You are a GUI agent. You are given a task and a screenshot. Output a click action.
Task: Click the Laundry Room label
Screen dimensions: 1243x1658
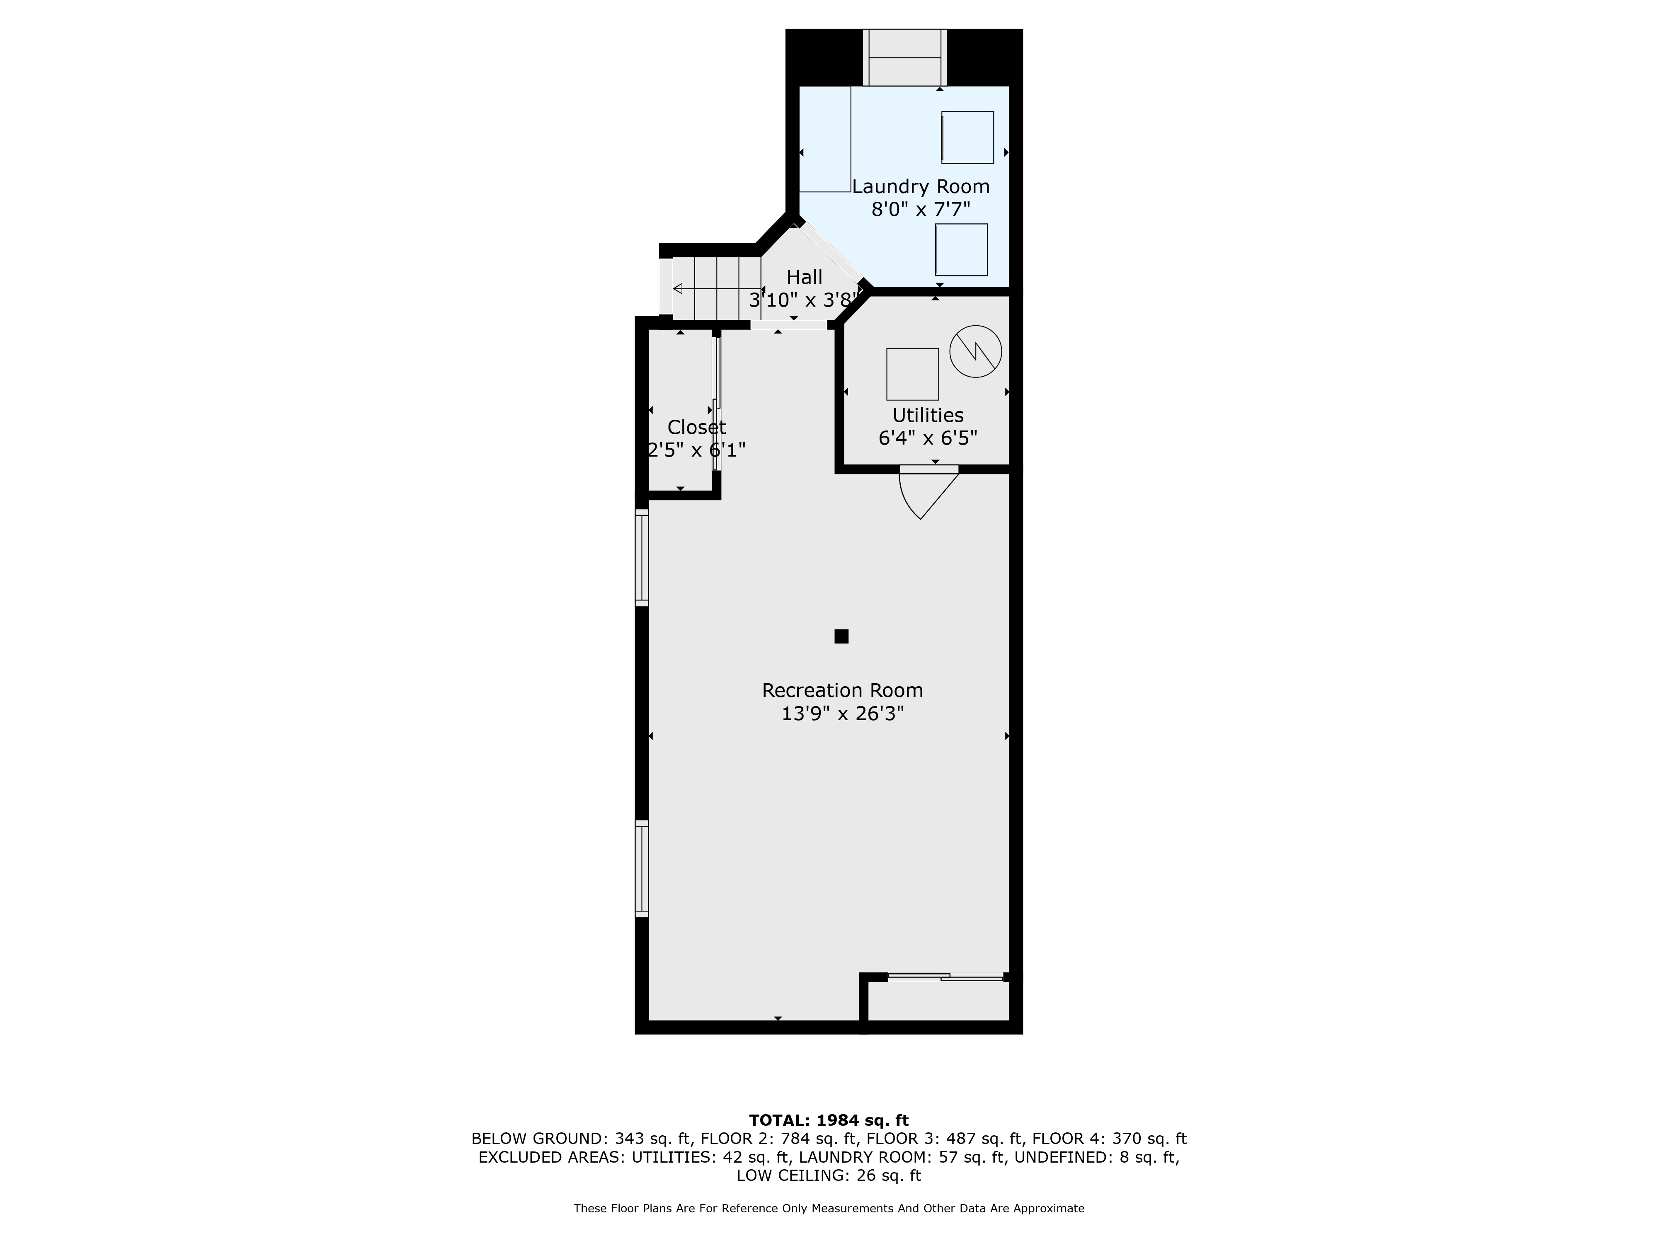point(921,186)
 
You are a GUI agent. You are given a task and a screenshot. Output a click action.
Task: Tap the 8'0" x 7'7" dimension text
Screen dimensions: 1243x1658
point(921,210)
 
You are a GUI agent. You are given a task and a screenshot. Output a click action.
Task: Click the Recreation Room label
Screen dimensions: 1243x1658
point(843,690)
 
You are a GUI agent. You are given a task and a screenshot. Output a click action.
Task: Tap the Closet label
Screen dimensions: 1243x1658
point(696,427)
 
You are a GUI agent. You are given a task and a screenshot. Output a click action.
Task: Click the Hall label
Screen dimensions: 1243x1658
point(804,277)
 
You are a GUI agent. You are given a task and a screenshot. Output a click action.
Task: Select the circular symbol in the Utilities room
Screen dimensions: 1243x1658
point(975,351)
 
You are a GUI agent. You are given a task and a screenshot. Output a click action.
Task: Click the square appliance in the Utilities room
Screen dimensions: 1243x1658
point(912,374)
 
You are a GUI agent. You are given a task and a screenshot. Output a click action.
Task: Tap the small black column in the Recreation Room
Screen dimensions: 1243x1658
point(841,636)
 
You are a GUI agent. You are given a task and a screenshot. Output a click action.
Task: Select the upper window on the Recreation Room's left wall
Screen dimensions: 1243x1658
point(642,557)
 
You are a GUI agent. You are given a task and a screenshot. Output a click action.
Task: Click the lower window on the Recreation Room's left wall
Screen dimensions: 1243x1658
point(642,868)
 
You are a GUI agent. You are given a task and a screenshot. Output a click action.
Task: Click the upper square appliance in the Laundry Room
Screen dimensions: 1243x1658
point(967,137)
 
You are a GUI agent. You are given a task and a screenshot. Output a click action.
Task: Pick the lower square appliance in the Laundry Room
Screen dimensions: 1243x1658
point(961,249)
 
